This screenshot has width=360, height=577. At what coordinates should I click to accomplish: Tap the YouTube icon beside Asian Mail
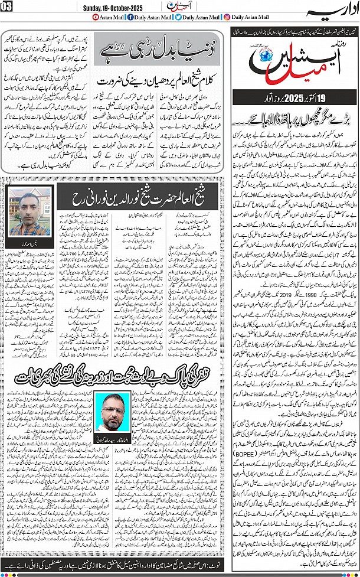97,17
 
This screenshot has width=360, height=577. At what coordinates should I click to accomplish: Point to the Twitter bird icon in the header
178,17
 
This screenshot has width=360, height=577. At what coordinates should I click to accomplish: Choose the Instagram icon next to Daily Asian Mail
227,17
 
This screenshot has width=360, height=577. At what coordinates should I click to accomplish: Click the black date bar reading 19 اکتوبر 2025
293,97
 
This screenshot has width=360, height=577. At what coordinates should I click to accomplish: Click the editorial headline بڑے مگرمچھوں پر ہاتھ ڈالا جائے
294,121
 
